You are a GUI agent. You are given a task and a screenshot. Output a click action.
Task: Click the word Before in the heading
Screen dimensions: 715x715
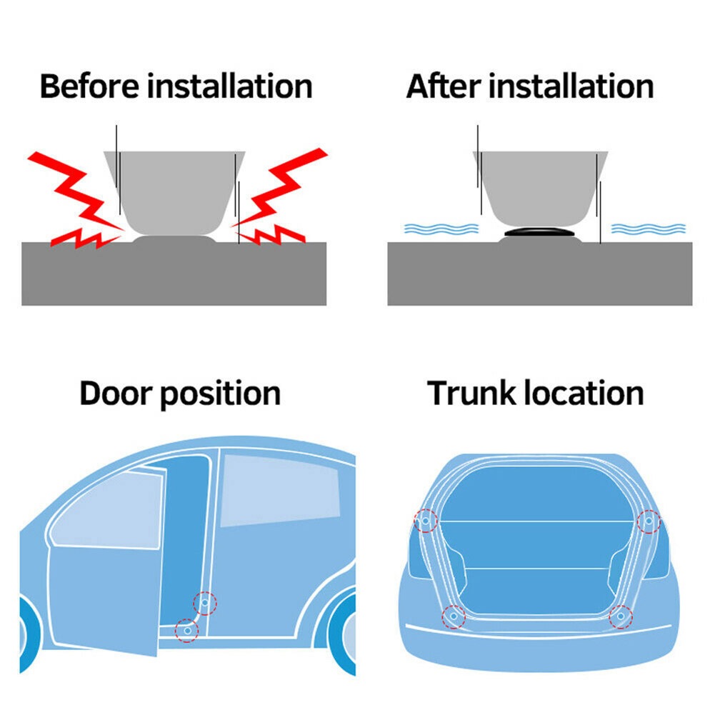[x=90, y=86]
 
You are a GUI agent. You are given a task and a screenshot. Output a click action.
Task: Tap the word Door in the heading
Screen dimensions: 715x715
[x=116, y=393]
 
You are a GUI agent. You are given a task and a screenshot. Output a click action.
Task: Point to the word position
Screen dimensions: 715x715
[x=221, y=395]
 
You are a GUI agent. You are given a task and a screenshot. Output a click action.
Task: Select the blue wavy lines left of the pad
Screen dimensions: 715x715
[x=441, y=229]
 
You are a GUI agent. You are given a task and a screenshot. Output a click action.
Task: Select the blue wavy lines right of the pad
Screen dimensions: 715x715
[x=648, y=229]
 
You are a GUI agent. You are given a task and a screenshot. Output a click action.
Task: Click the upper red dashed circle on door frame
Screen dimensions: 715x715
[x=205, y=603]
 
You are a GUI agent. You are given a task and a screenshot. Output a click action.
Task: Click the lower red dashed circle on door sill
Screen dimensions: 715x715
[x=187, y=631]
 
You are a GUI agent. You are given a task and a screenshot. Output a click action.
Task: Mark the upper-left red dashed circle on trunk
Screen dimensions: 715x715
[x=426, y=521]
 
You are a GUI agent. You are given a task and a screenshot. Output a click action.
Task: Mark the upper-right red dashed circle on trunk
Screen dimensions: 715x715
[x=649, y=521]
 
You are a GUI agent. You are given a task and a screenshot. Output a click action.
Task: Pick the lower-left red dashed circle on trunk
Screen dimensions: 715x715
[x=454, y=616]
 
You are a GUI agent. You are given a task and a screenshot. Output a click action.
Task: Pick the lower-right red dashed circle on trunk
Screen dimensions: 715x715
[x=621, y=616]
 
